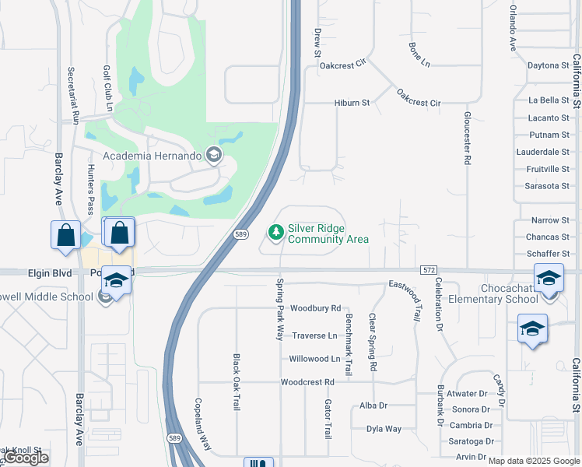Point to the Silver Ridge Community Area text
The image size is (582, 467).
(x=328, y=233)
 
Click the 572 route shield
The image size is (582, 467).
(x=429, y=269)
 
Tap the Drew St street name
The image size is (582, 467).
(x=317, y=44)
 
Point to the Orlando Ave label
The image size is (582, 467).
(x=514, y=24)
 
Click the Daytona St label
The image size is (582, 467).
(x=549, y=65)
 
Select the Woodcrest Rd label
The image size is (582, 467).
(x=307, y=382)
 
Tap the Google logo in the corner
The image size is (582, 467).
(x=26, y=458)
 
